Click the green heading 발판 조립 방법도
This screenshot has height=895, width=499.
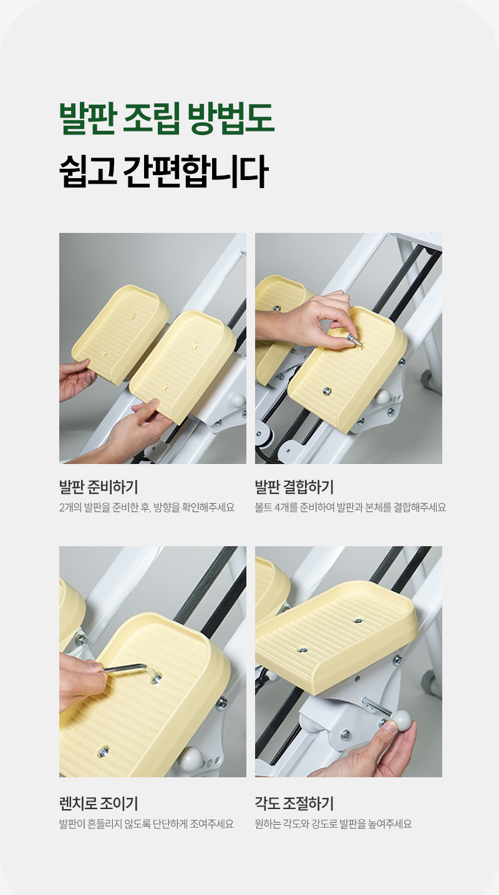pyautogui.click(x=167, y=118)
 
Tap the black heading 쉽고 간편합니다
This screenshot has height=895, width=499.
pyautogui.click(x=163, y=171)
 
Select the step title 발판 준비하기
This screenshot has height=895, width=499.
pyautogui.click(x=99, y=487)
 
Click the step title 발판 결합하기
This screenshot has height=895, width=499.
pyautogui.click(x=294, y=487)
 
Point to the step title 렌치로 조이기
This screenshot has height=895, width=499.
pyautogui.click(x=99, y=803)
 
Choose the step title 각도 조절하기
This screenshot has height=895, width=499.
pyautogui.click(x=294, y=803)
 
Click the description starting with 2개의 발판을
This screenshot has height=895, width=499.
pyautogui.click(x=147, y=508)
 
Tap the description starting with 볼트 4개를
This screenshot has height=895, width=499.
pyautogui.click(x=351, y=508)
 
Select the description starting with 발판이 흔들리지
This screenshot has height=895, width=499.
pyautogui.click(x=147, y=824)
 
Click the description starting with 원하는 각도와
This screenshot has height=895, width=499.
pyautogui.click(x=333, y=824)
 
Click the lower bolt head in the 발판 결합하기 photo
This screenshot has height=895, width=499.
pyautogui.click(x=327, y=391)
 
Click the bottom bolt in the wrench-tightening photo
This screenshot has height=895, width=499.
pyautogui.click(x=104, y=752)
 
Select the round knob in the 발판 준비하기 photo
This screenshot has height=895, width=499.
pyautogui.click(x=238, y=400)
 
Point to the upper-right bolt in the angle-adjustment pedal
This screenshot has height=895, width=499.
pyautogui.click(x=358, y=620)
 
